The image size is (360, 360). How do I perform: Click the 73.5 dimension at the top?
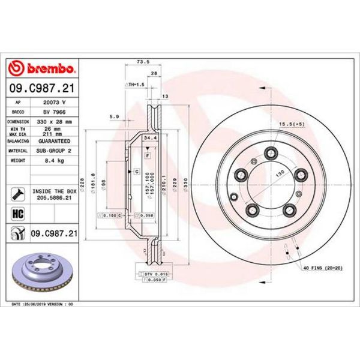pos(143,61)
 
